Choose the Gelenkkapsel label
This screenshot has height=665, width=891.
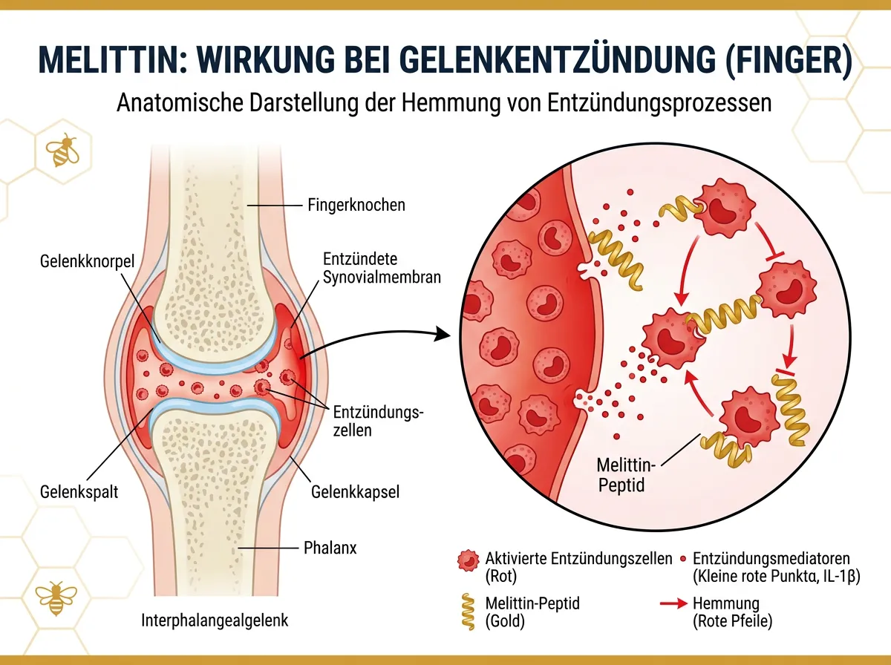pyautogui.click(x=356, y=491)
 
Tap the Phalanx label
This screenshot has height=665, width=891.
pyautogui.click(x=330, y=548)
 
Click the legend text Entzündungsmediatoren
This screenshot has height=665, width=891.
pyautogui.click(x=770, y=557)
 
